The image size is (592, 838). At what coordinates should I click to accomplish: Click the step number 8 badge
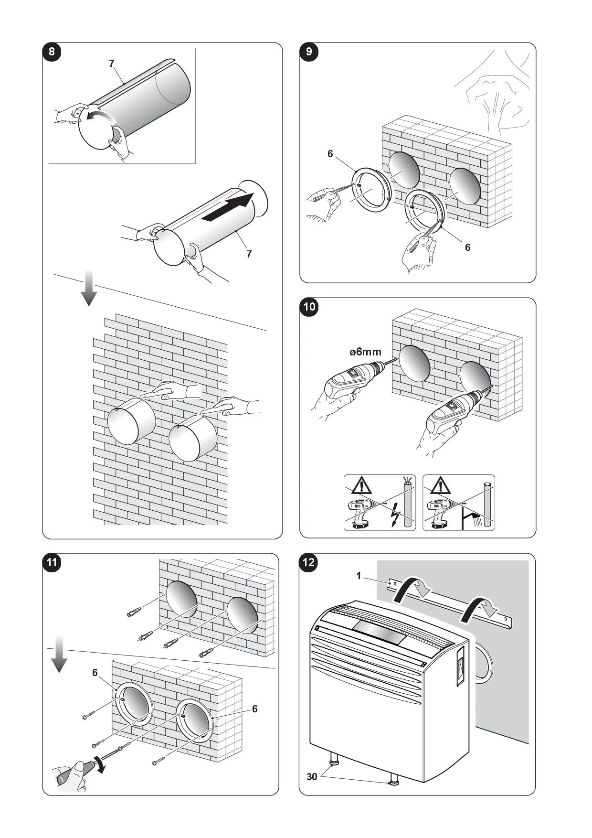click(x=52, y=52)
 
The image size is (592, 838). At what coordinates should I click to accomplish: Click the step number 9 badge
click(x=309, y=52)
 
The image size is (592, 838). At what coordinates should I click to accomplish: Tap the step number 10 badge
click(x=309, y=306)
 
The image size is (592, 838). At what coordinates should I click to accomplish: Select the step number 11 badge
click(x=52, y=562)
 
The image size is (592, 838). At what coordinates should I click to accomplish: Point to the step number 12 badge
click(x=309, y=562)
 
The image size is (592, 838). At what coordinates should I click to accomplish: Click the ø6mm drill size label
click(x=365, y=352)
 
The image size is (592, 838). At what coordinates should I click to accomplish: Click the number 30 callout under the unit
click(x=312, y=777)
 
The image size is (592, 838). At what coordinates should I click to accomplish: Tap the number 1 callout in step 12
click(x=359, y=576)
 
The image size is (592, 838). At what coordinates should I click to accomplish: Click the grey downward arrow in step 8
click(x=89, y=287)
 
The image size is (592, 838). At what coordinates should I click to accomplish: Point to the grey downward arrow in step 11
click(x=59, y=654)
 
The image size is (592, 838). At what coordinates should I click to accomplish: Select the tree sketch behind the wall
click(x=497, y=96)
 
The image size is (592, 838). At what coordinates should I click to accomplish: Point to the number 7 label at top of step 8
click(x=112, y=64)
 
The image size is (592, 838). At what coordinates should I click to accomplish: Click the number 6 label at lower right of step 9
click(x=467, y=247)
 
